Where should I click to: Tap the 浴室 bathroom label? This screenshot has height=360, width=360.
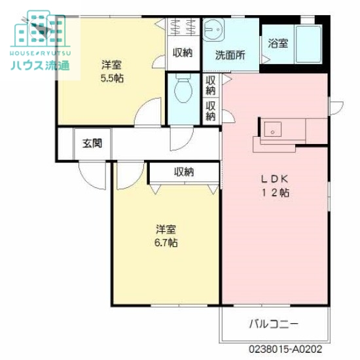278,44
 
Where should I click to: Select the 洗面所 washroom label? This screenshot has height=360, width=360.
230,55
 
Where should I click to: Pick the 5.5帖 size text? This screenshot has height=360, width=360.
113,78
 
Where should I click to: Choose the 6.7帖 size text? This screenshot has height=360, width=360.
165,242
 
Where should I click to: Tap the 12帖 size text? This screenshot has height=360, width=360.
276,192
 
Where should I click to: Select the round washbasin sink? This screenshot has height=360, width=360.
213,29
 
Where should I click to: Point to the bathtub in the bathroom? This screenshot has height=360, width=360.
307,44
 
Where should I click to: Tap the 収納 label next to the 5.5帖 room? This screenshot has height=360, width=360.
183,53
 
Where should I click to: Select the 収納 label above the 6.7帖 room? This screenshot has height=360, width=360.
184,172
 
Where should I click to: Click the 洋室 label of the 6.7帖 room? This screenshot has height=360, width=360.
165,229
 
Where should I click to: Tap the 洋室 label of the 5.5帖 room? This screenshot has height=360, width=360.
113,65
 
